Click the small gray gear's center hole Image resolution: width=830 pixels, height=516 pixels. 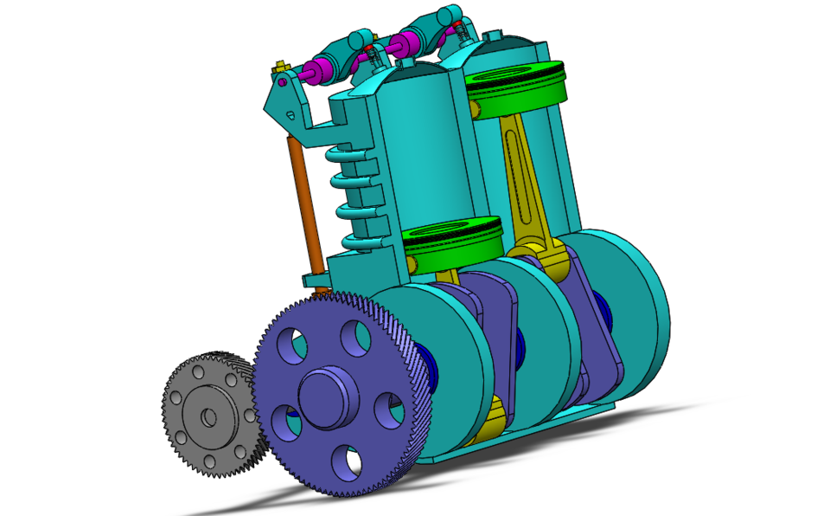(x=208, y=417)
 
